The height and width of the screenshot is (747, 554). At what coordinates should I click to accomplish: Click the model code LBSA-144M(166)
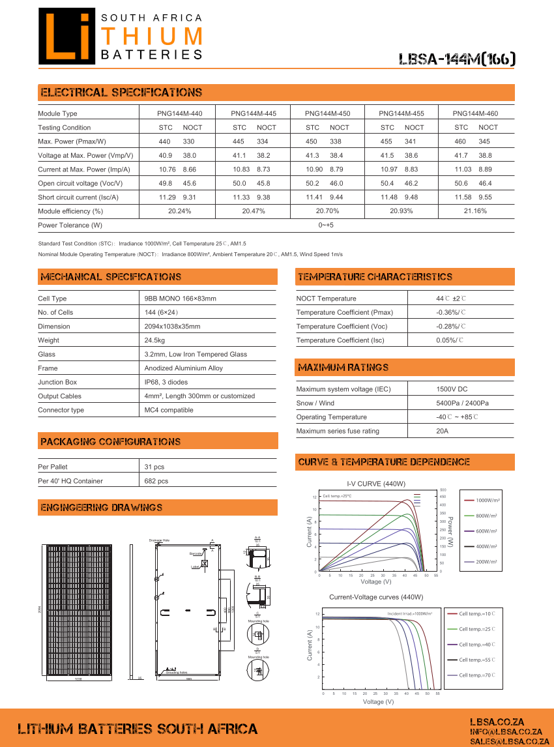pyautogui.click(x=457, y=59)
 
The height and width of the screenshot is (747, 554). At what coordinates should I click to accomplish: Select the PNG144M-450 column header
pyautogui.click(x=327, y=113)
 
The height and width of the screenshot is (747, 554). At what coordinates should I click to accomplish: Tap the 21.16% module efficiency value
pyautogui.click(x=475, y=211)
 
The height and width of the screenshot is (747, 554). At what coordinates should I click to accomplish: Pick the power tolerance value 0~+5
pyautogui.click(x=326, y=226)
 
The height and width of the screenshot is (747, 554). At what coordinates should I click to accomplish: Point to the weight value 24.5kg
pyautogui.click(x=154, y=340)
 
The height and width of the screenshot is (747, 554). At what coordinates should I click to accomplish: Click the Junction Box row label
pyautogui.click(x=57, y=382)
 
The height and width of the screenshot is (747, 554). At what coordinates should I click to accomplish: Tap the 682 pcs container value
pyautogui.click(x=156, y=481)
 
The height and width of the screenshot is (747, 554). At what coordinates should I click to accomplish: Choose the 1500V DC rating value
pyautogui.click(x=452, y=389)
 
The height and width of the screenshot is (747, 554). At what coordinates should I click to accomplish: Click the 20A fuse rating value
pyautogui.click(x=443, y=431)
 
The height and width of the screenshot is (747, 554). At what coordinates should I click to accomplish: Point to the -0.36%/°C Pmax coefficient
pyautogui.click(x=451, y=312)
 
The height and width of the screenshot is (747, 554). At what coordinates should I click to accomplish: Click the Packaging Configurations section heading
pyautogui.click(x=111, y=442)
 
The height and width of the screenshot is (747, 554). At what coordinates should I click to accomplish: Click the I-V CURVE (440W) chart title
pyautogui.click(x=376, y=484)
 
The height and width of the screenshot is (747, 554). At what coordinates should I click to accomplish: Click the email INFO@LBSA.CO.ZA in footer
pyautogui.click(x=506, y=732)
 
